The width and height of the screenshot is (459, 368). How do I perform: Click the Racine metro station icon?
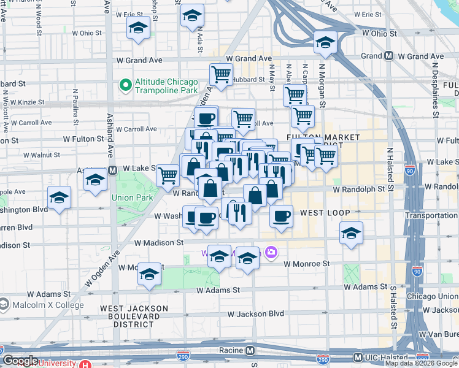(x=250, y=350)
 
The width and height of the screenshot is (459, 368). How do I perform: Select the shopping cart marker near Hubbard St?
(x=221, y=75)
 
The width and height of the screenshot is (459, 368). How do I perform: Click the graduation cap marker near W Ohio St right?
(x=325, y=42)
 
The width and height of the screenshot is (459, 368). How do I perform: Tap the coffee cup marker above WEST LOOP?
(x=281, y=216)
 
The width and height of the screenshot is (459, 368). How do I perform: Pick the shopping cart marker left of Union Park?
(x=168, y=175)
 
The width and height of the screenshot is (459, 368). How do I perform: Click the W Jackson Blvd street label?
(x=255, y=313)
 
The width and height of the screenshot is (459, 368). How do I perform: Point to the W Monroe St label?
(x=306, y=263)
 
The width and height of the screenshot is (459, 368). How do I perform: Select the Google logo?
(x=20, y=361)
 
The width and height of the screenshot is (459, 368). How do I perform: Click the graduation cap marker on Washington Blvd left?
(x=59, y=197)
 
